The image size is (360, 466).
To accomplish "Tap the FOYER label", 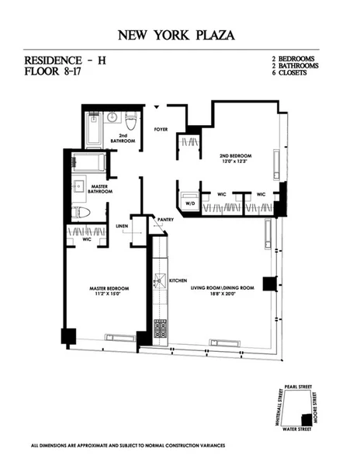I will [x=161, y=129].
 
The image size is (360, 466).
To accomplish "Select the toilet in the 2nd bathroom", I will [x=131, y=122].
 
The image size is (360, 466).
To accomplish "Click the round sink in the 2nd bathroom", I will [x=112, y=119].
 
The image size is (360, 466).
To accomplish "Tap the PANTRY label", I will [x=164, y=220].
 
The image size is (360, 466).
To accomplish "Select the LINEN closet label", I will [x=122, y=226].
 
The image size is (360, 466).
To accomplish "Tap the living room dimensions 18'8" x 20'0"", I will [x=223, y=294].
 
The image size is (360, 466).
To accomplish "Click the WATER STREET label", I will [x=296, y=428].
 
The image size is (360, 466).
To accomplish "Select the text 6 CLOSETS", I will [x=292, y=74].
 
